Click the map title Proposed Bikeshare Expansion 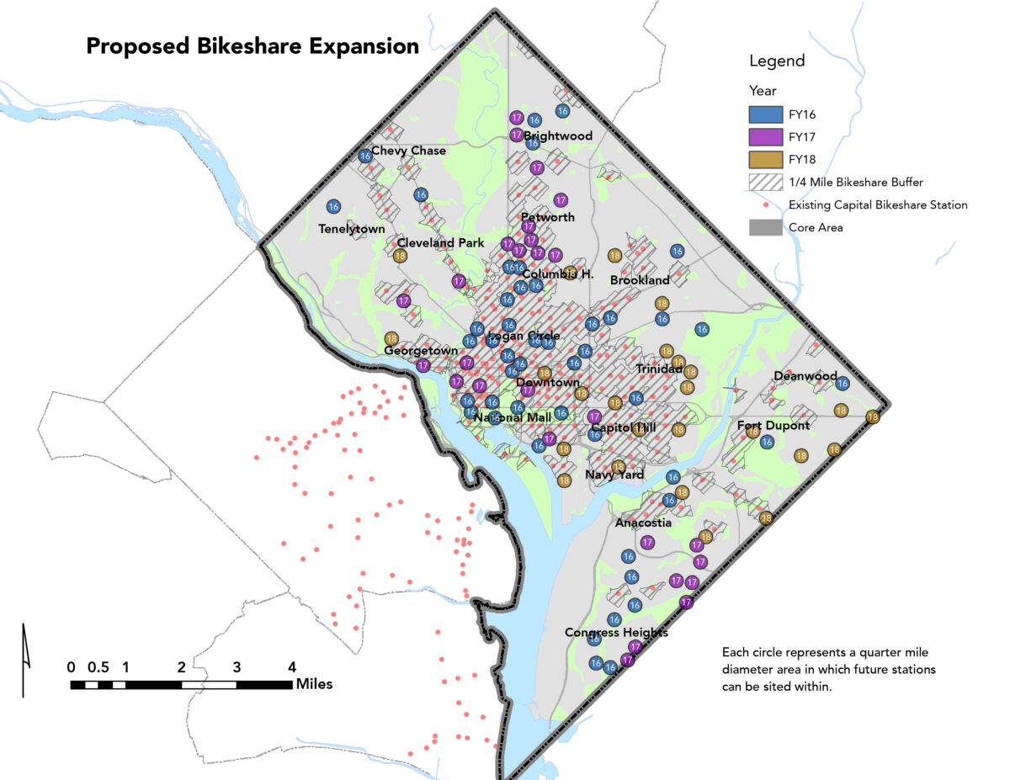click(252, 46)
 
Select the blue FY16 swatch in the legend click(764, 114)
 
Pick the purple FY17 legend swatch click(764, 136)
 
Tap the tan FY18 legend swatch click(764, 159)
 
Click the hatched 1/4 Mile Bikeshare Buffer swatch click(764, 182)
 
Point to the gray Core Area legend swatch click(764, 227)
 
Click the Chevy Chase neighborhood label click(408, 151)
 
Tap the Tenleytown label click(352, 229)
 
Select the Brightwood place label click(558, 135)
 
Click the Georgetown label click(421, 351)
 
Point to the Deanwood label click(805, 376)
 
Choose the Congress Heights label click(616, 632)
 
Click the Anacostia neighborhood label click(643, 523)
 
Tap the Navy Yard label click(614, 475)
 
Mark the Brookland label click(640, 279)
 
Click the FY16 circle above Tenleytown click(333, 206)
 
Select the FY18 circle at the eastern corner click(873, 417)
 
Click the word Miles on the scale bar click(314, 684)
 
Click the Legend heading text click(777, 61)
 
